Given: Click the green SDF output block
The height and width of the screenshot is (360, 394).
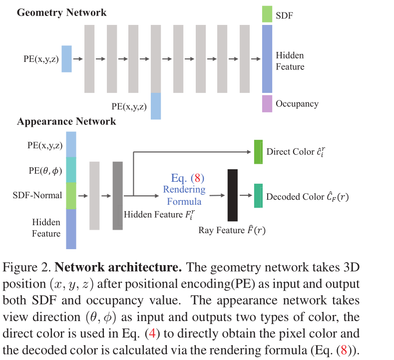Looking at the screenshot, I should [267, 14].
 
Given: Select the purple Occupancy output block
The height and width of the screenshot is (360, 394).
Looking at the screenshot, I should [267, 103].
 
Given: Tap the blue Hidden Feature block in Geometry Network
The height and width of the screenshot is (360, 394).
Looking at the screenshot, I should [267, 58].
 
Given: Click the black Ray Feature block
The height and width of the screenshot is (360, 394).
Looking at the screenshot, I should [232, 195].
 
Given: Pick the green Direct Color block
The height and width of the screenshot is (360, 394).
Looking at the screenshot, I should [258, 152].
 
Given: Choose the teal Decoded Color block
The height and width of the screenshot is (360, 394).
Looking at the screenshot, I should [258, 196].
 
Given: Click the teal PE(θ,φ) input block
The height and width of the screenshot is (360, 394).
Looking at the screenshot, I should [71, 170].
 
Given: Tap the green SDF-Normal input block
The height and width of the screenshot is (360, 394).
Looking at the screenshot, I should [71, 195].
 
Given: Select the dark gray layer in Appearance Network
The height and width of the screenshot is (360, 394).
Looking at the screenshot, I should [117, 195].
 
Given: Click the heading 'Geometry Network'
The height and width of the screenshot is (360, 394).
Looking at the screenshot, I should [61, 12].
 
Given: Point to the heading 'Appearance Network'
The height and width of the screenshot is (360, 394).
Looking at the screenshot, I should [66, 121].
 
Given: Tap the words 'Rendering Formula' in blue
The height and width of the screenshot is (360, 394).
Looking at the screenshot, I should [184, 195].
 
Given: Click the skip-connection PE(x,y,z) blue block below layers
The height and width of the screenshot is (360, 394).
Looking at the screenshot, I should [156, 106].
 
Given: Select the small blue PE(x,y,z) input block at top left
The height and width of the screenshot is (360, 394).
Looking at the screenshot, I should [66, 58].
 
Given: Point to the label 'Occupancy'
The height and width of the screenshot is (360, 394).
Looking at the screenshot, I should [297, 104].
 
